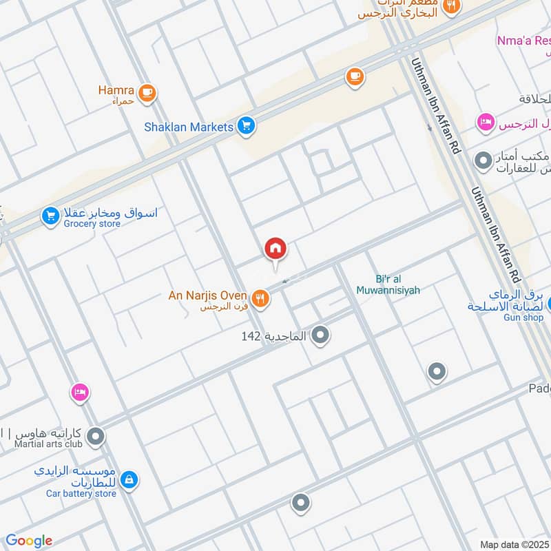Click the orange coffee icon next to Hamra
coord(147,93)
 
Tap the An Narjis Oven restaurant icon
coord(260,298)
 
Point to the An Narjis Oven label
coord(207,295)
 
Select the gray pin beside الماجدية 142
coord(320,336)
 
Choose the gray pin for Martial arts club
coord(96,437)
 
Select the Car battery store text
coord(81,493)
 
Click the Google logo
coord(29,541)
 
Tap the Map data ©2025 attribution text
coord(514,544)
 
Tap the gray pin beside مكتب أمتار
coord(484,161)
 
